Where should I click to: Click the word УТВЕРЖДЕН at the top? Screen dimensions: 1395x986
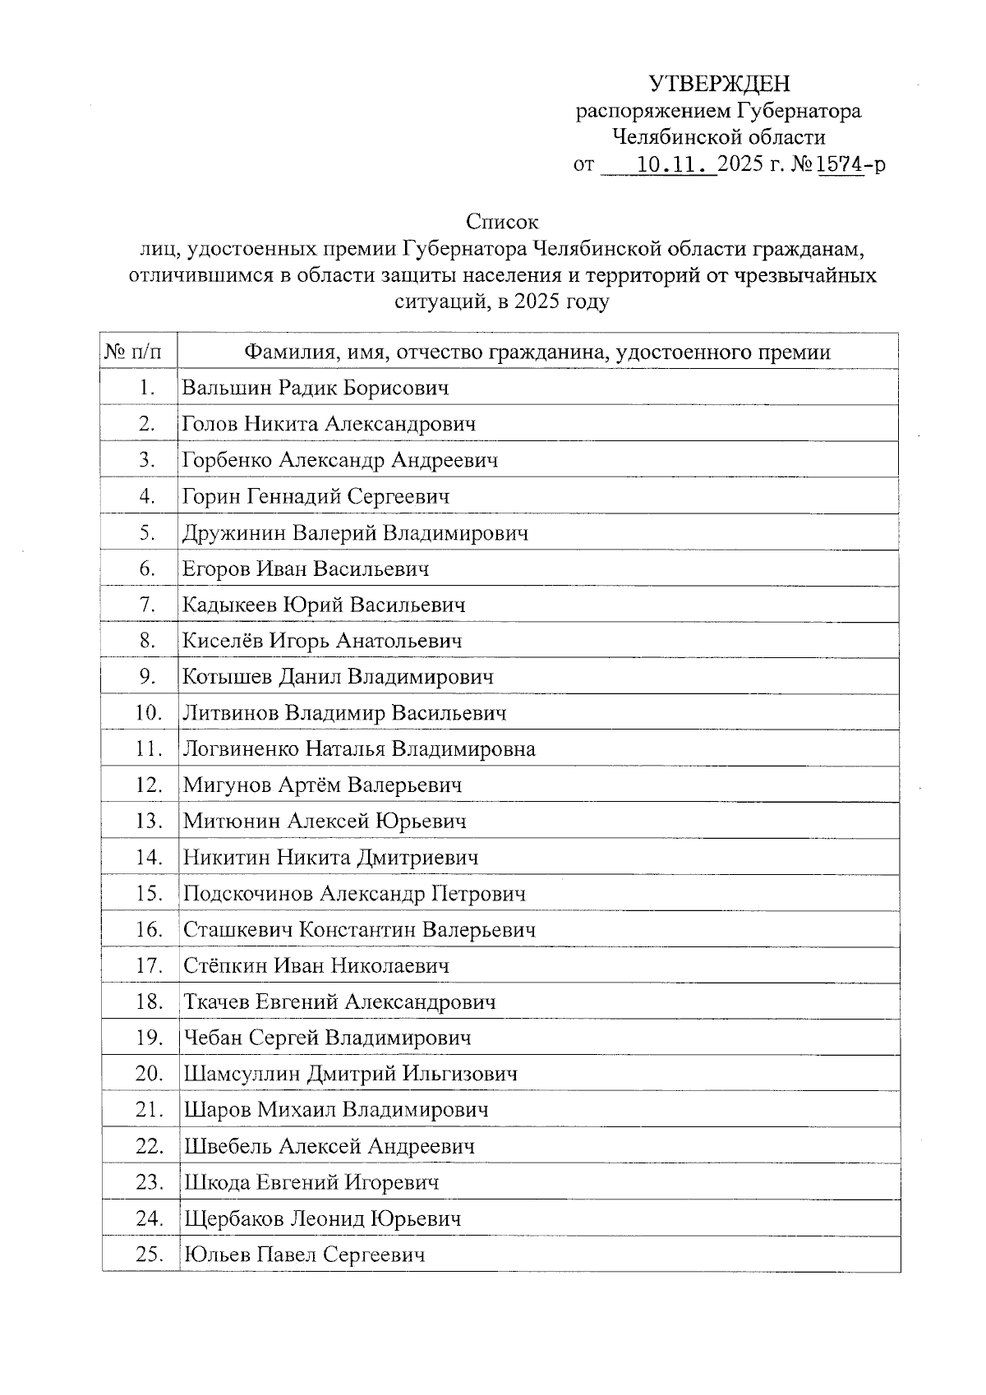pyautogui.click(x=719, y=84)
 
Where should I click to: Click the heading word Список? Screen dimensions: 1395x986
pyautogui.click(x=502, y=222)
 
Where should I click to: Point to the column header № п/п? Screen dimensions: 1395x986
pyautogui.click(x=139, y=352)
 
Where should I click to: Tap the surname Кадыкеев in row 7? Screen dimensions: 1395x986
pyautogui.click(x=230, y=605)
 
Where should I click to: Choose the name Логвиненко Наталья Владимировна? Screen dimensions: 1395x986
pyautogui.click(x=359, y=749)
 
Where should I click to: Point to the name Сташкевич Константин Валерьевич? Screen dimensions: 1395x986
pyautogui.click(x=359, y=930)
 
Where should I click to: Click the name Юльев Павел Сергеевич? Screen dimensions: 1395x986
pyautogui.click(x=304, y=1255)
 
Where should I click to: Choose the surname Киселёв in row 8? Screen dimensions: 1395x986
pyautogui.click(x=223, y=641)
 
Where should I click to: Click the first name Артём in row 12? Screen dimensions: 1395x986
pyautogui.click(x=308, y=785)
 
